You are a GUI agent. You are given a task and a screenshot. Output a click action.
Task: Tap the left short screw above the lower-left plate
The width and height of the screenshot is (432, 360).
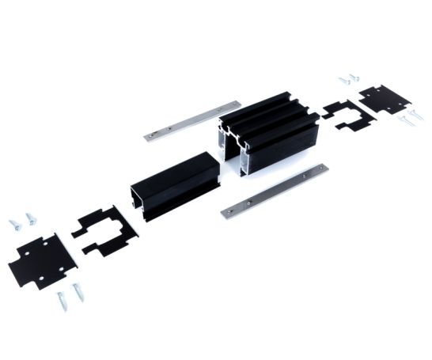[x=13, y=224]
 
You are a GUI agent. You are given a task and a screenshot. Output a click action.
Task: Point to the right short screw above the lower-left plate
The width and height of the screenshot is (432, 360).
[x=30, y=217]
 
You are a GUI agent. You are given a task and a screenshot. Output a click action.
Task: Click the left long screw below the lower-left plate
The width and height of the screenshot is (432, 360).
[x=61, y=300]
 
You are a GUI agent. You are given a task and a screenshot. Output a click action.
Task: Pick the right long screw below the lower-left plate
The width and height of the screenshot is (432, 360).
[x=78, y=292]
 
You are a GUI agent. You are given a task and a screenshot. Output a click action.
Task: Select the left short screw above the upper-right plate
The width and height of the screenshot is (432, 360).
[x=344, y=80]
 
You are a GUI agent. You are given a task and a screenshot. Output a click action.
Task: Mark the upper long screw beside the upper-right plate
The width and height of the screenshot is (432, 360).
[x=415, y=116]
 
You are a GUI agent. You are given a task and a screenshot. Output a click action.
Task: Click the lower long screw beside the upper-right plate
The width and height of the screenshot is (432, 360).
[x=404, y=122]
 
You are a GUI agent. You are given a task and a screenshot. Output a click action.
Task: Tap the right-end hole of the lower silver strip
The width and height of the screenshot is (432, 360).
[x=320, y=169]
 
